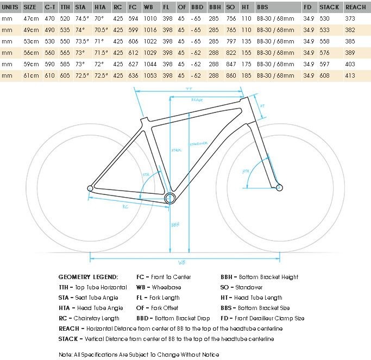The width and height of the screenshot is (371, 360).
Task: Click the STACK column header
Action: [x=329, y=7]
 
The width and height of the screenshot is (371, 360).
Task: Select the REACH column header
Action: [x=356, y=7]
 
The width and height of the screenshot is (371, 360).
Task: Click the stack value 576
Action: [x=325, y=52]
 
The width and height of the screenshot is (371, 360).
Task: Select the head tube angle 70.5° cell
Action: [x=100, y=29]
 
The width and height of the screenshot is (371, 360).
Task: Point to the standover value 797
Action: [x=231, y=41]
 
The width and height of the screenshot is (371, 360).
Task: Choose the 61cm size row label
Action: [x=30, y=75]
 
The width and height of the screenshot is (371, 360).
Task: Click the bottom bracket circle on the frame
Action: [x=170, y=198]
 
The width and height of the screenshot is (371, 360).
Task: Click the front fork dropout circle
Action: [x=279, y=187]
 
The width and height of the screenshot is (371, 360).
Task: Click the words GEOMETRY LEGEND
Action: [x=87, y=277]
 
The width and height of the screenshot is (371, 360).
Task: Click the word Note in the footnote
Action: [x=65, y=355]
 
